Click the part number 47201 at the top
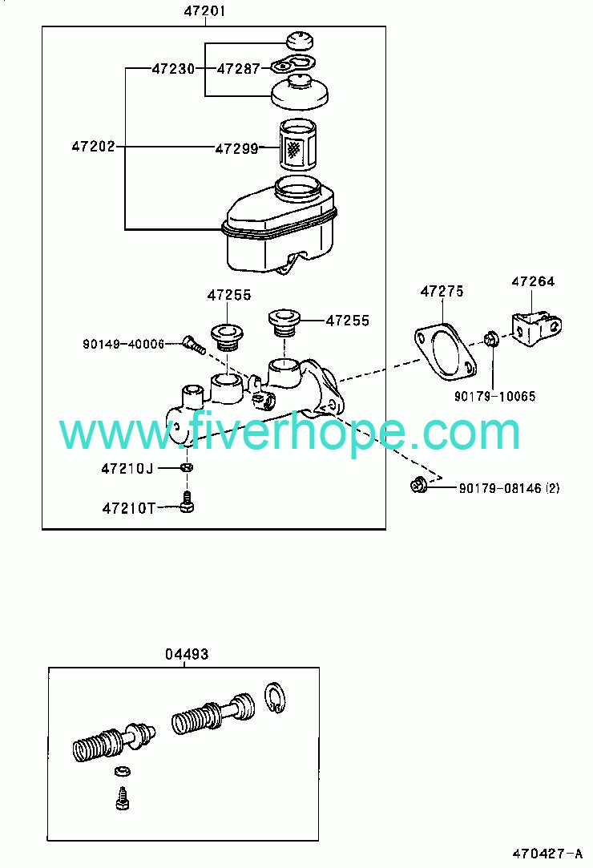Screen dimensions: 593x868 click(x=204, y=10)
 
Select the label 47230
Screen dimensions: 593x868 click(x=173, y=69)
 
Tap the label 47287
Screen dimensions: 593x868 click(x=238, y=69)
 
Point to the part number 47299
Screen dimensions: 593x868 click(x=236, y=148)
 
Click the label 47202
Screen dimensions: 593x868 click(x=94, y=146)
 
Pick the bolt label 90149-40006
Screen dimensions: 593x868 click(x=123, y=345)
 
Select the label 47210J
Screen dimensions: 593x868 click(x=127, y=469)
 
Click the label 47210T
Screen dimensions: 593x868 click(x=129, y=508)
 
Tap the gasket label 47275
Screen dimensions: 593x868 click(x=442, y=291)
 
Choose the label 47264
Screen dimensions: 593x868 click(x=533, y=281)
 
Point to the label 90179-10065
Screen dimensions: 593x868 click(x=495, y=397)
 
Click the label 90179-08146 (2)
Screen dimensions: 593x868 click(x=509, y=488)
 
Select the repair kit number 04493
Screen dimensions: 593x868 click(x=187, y=654)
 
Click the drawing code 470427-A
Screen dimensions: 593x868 click(x=547, y=853)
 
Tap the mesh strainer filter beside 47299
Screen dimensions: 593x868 click(x=297, y=145)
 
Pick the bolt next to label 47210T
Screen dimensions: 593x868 click(x=188, y=502)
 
